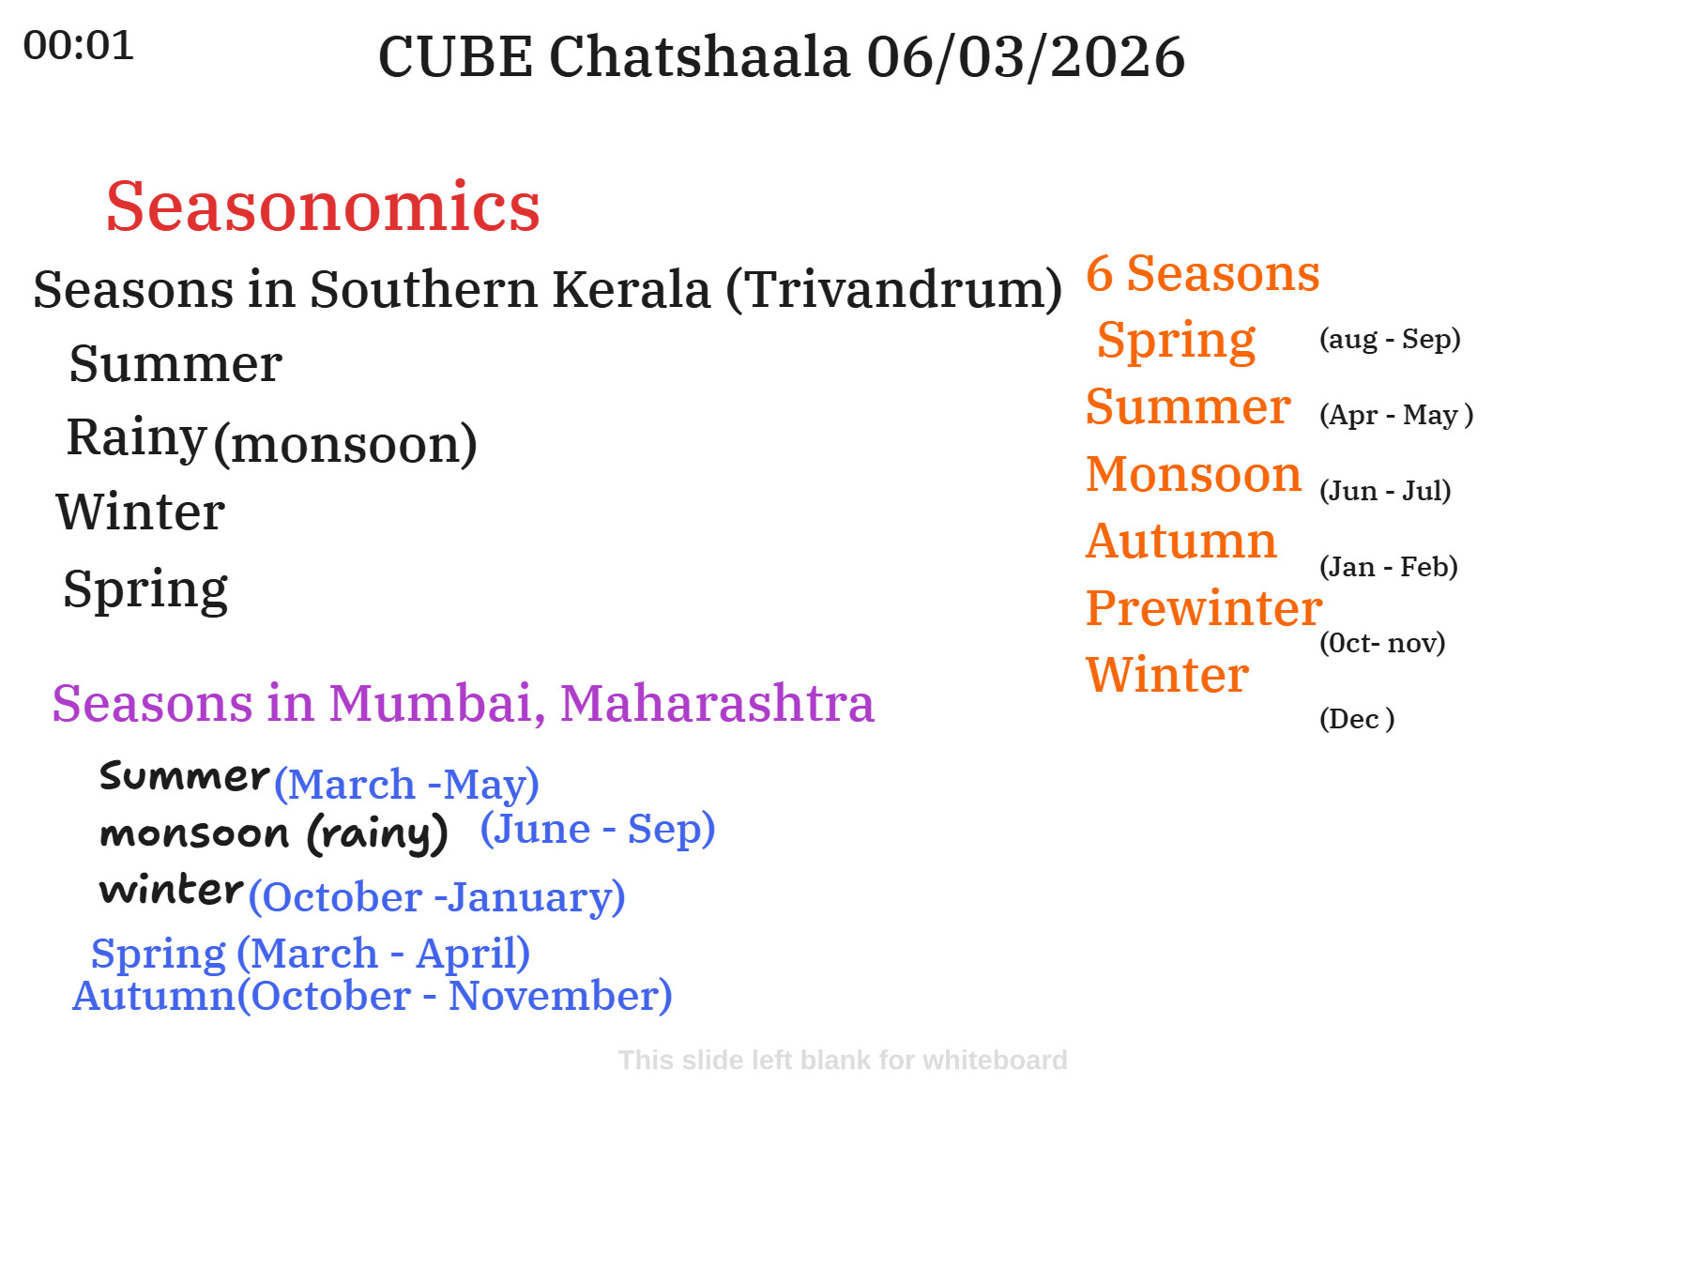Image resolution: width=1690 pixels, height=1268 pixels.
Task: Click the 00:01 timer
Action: [x=79, y=45]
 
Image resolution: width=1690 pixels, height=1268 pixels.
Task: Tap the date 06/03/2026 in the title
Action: [x=1026, y=56]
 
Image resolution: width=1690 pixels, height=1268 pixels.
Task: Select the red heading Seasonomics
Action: [x=323, y=206]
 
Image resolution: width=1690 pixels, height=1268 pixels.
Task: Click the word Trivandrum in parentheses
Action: [x=894, y=289]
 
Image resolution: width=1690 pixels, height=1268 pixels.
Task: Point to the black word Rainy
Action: [x=136, y=437]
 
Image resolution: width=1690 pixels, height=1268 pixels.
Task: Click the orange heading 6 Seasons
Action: [x=1203, y=273]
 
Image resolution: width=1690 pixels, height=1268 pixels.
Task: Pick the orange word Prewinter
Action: [x=1204, y=607]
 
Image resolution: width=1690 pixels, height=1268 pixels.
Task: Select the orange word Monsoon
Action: [x=1194, y=473]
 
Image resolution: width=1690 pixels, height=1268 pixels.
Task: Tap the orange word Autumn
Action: [x=1181, y=541]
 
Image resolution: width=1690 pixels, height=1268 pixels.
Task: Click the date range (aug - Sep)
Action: [x=1390, y=339]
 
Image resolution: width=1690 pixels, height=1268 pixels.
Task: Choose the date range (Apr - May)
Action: [x=1396, y=415]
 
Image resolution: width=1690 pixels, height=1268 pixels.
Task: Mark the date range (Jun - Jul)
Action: [x=1385, y=491]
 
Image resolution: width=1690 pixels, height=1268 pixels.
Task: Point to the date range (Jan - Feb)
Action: [x=1389, y=567]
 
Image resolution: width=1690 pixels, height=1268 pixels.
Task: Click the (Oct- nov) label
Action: [x=1382, y=643]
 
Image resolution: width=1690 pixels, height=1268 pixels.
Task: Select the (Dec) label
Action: [x=1357, y=719]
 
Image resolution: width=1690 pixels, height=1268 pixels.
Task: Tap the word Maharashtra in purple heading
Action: [x=717, y=703]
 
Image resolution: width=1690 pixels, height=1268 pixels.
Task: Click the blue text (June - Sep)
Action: [x=598, y=829]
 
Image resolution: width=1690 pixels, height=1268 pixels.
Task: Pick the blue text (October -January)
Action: [x=436, y=897]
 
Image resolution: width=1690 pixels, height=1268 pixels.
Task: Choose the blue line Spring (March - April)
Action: [x=311, y=954]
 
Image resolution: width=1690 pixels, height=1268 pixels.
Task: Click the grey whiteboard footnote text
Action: [x=843, y=1061]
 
